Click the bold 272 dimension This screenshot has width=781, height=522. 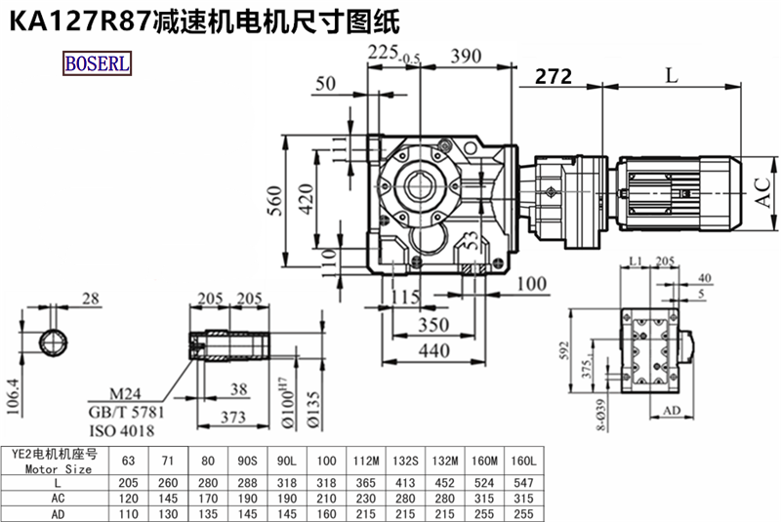coord(554,76)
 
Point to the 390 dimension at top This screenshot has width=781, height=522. coord(473,58)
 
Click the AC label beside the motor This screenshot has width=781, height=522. coord(763,197)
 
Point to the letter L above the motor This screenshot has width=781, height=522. coord(670,74)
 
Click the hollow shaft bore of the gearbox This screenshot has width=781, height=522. coord(422,182)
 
